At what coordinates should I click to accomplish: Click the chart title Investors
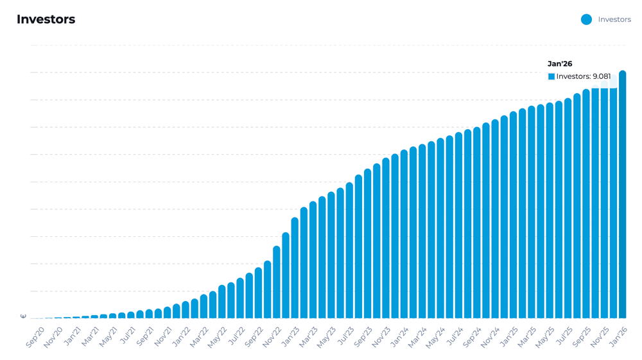[46, 19]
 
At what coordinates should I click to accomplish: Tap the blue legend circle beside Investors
[586, 19]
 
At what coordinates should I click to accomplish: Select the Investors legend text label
[614, 19]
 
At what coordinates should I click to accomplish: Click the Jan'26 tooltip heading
[560, 64]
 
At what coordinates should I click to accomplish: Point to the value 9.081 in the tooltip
[602, 76]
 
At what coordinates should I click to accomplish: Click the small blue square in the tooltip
[551, 76]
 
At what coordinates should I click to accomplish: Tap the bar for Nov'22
[277, 282]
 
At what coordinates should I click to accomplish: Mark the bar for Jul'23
[349, 250]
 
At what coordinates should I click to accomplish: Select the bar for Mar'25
[531, 212]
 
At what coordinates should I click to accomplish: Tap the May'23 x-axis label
[327, 337]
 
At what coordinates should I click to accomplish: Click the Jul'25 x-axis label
[563, 337]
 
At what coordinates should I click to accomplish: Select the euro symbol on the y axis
[24, 316]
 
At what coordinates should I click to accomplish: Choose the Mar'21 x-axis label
[91, 337]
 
